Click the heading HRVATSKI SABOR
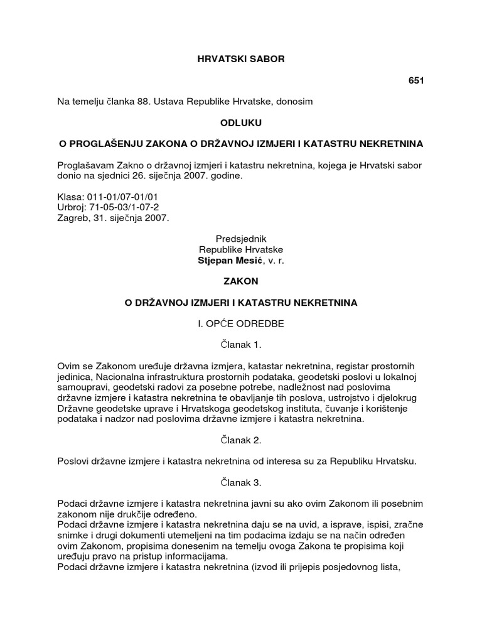click(x=241, y=59)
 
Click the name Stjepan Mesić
click(x=230, y=260)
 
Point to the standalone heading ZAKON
click(x=241, y=281)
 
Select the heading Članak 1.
click(x=241, y=345)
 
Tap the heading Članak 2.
click(x=241, y=441)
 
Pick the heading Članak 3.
click(x=241, y=483)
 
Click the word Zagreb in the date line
click(x=73, y=217)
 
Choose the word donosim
click(x=294, y=100)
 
